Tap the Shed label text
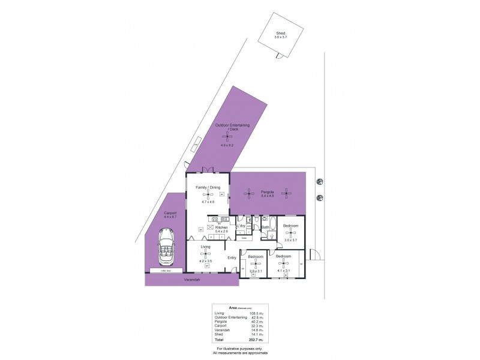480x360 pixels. click(280, 33)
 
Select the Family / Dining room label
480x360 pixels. click(208, 188)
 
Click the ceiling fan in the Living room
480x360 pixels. click(205, 254)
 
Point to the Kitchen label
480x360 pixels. click(221, 227)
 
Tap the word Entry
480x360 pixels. click(232, 258)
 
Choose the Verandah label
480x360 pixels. click(191, 280)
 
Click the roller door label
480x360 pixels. click(165, 271)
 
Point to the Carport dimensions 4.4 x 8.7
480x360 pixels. click(170, 217)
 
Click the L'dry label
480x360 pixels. click(250, 226)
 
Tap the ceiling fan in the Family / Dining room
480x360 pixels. click(208, 194)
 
